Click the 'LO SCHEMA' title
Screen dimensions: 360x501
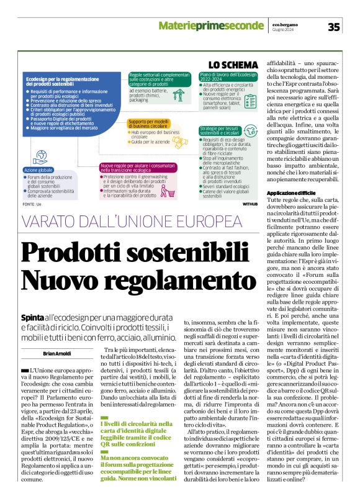[x=233, y=65]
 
